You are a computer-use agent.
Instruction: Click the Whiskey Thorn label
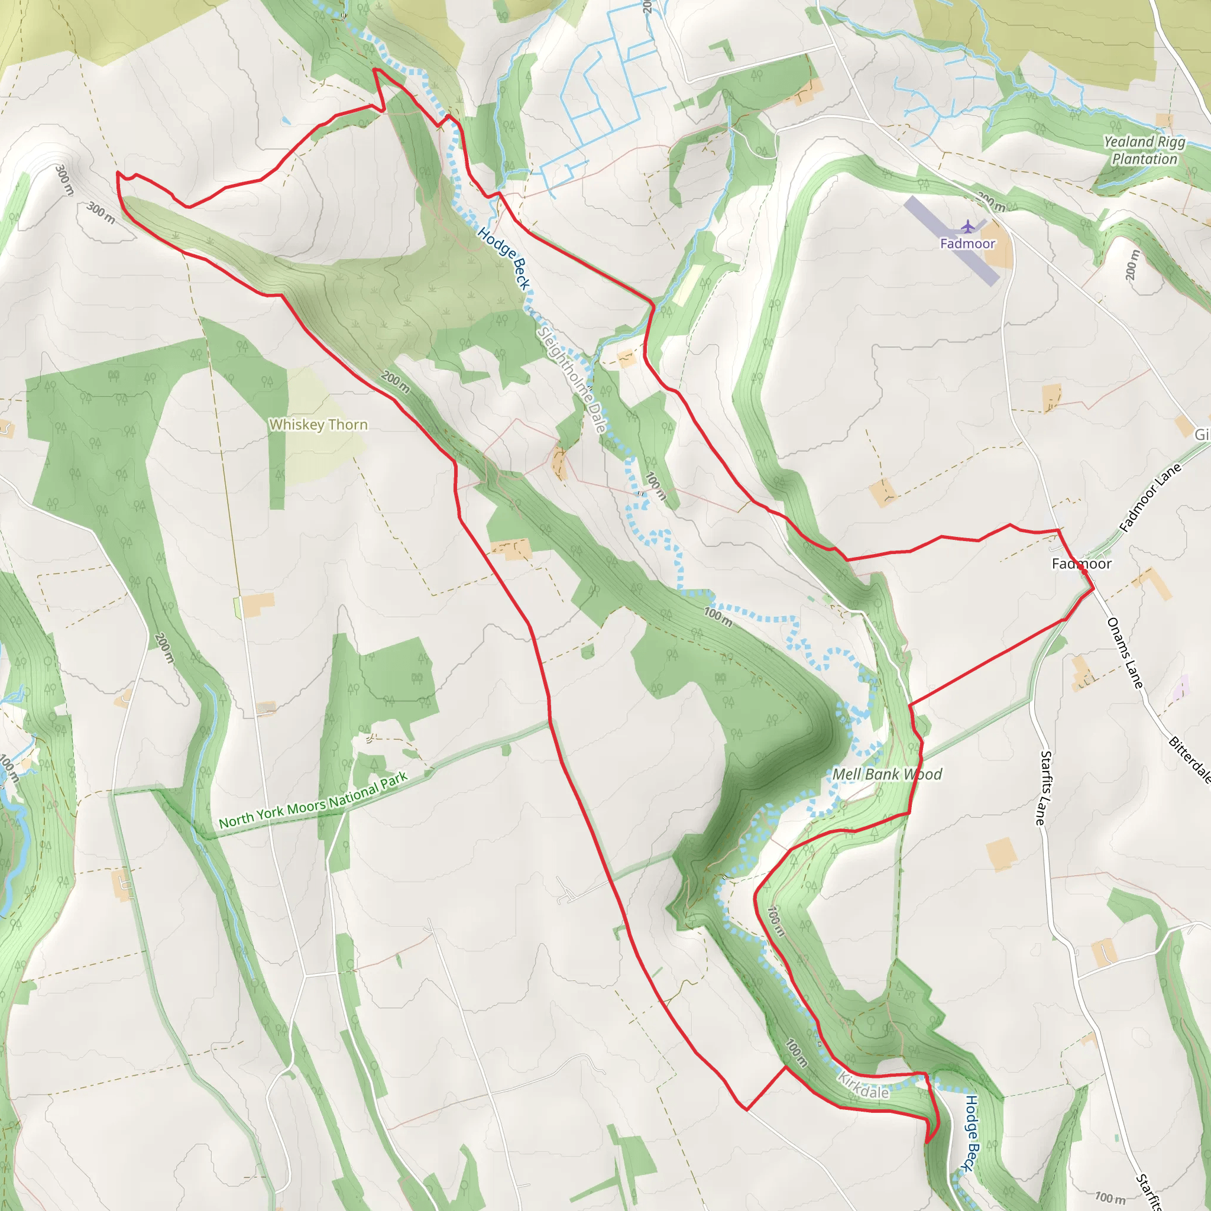(x=319, y=425)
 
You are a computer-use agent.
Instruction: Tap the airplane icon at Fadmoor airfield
(x=968, y=226)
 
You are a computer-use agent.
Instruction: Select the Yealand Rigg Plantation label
(x=1145, y=150)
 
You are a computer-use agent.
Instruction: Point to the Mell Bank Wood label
(x=887, y=775)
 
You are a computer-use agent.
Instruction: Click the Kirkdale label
(x=864, y=1086)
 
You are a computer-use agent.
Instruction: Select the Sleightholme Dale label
(x=572, y=380)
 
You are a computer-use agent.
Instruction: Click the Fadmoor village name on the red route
(x=1082, y=564)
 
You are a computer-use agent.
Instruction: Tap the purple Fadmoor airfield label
(x=967, y=244)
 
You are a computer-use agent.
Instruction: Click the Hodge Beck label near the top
(x=504, y=258)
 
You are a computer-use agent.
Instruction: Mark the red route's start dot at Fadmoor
(x=1084, y=572)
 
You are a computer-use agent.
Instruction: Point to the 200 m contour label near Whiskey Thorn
(x=396, y=383)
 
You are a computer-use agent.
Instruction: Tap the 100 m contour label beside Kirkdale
(x=796, y=1053)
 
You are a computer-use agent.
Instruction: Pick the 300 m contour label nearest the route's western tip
(x=101, y=213)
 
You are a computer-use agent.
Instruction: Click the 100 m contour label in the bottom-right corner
(x=1109, y=1198)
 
